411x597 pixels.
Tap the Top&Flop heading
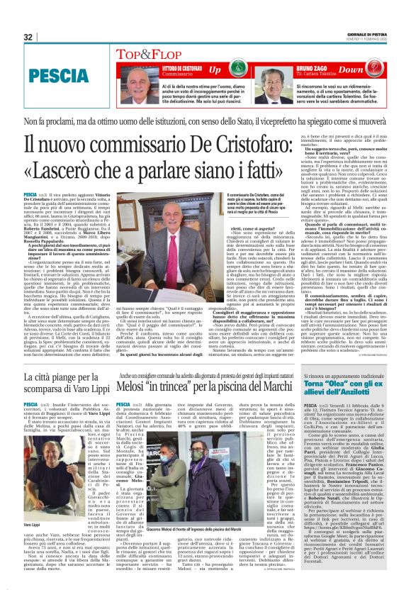pyautogui.click(x=147, y=54)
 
